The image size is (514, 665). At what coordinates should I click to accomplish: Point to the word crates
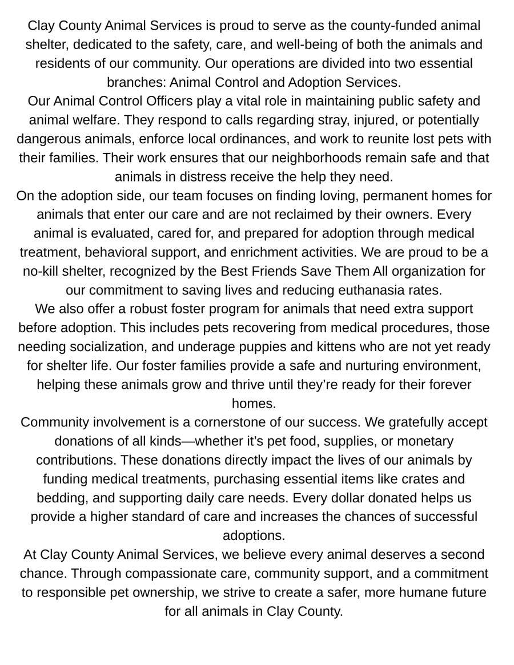tap(423, 479)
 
